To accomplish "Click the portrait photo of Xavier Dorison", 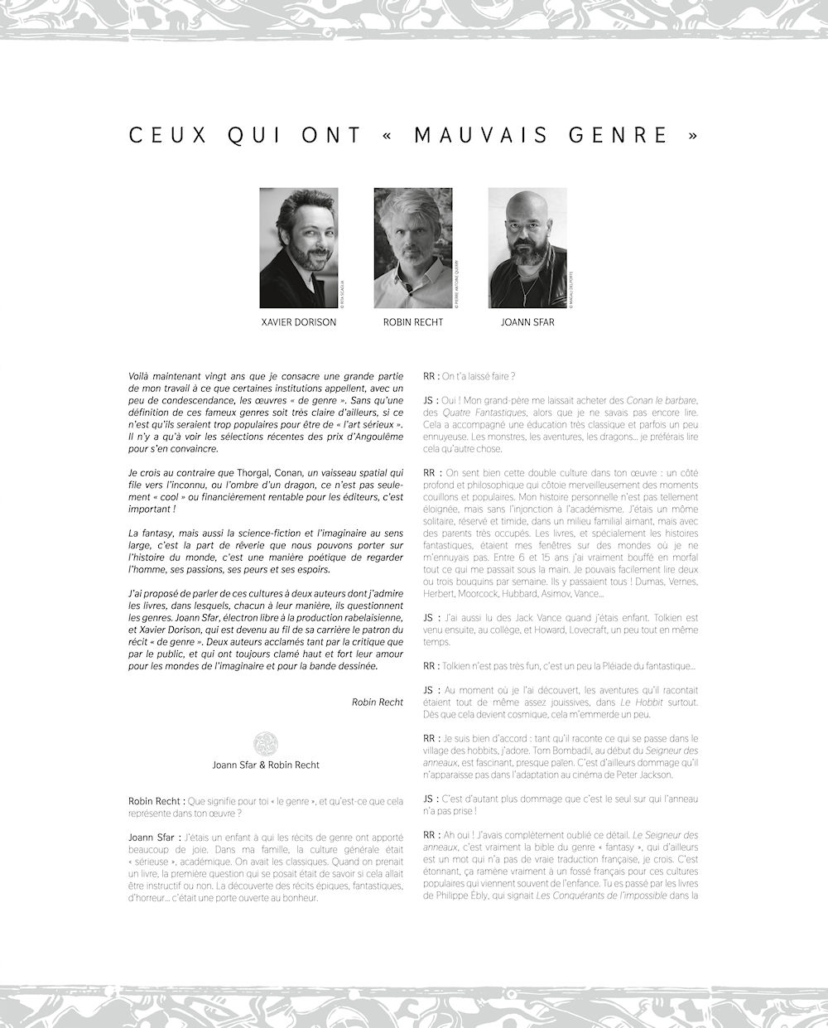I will click(298, 248).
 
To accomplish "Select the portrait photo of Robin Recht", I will click(412, 248).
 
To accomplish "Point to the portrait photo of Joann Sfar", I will click(527, 248).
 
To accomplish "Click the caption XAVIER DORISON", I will click(298, 322).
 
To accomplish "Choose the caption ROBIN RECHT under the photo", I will click(412, 322).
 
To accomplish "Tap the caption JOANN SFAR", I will click(527, 322).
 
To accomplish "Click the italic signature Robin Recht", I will click(377, 702).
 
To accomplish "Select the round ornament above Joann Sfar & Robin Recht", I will click(265, 743).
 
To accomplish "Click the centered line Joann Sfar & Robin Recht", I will click(265, 765).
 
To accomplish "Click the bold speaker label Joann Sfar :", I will click(155, 837).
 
